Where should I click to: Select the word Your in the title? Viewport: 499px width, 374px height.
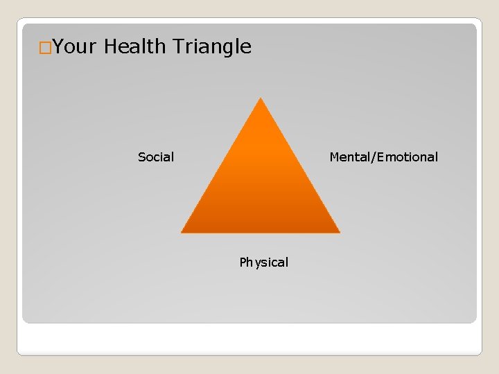click(75, 47)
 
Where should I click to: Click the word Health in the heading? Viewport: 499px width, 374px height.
click(135, 47)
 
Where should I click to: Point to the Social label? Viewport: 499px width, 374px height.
click(156, 157)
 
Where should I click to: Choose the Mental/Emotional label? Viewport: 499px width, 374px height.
click(383, 157)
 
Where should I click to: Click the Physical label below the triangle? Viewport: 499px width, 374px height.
click(263, 262)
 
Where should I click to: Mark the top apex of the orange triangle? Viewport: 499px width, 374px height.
click(261, 99)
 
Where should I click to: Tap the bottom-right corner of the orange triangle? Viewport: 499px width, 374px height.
click(339, 231)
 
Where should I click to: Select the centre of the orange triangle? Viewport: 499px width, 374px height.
click(261, 187)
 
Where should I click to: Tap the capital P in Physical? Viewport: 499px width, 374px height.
click(243, 262)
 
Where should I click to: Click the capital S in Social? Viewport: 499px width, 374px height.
click(141, 157)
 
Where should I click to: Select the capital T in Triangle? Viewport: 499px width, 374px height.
click(177, 47)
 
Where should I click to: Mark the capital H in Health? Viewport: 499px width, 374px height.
click(111, 47)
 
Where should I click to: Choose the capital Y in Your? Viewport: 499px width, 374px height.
click(58, 47)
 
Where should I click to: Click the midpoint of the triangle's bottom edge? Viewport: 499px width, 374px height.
click(261, 232)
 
